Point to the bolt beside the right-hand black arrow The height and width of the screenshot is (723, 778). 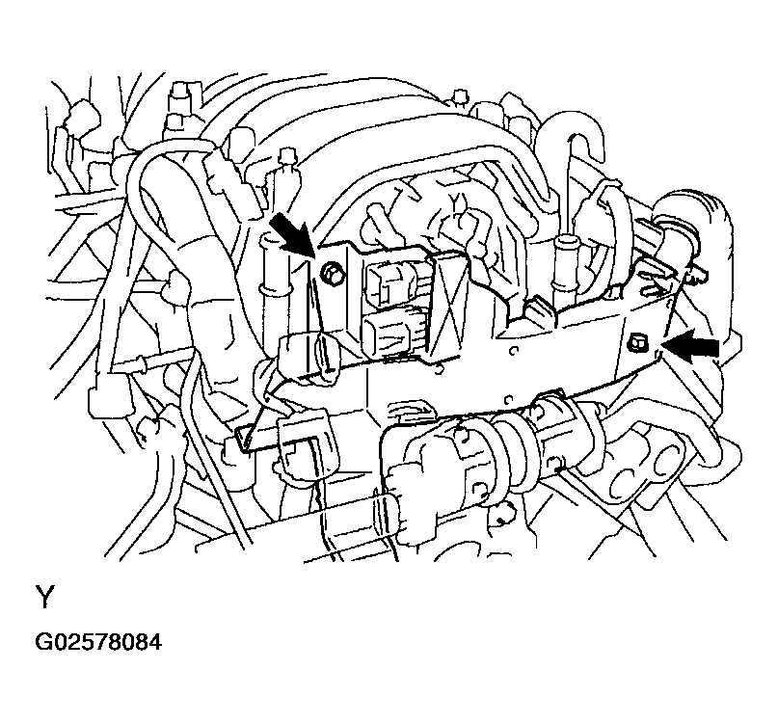coord(639,340)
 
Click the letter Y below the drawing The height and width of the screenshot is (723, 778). coord(44,599)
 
